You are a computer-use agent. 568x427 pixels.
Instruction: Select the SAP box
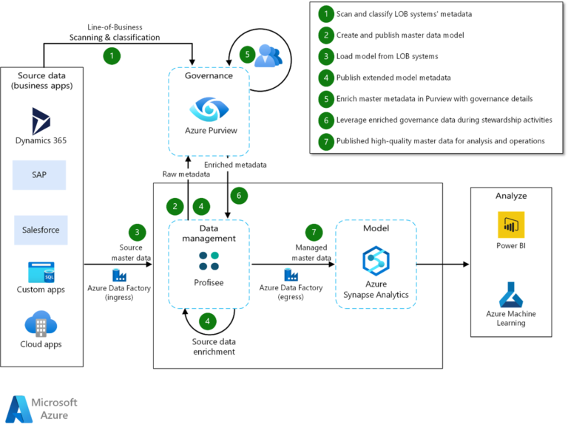(39, 175)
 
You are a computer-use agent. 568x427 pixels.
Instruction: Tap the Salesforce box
(41, 230)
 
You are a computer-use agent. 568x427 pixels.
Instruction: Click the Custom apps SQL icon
(41, 273)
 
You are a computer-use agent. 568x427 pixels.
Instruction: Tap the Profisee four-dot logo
(209, 261)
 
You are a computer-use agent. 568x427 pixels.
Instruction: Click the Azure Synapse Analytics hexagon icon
(376, 260)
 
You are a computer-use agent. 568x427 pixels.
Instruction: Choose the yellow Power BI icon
(510, 222)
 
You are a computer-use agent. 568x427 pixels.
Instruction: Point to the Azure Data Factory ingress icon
(118, 276)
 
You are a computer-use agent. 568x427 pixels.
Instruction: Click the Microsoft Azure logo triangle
(18, 409)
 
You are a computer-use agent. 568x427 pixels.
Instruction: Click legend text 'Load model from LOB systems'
(387, 55)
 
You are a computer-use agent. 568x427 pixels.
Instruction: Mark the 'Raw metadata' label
(185, 174)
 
